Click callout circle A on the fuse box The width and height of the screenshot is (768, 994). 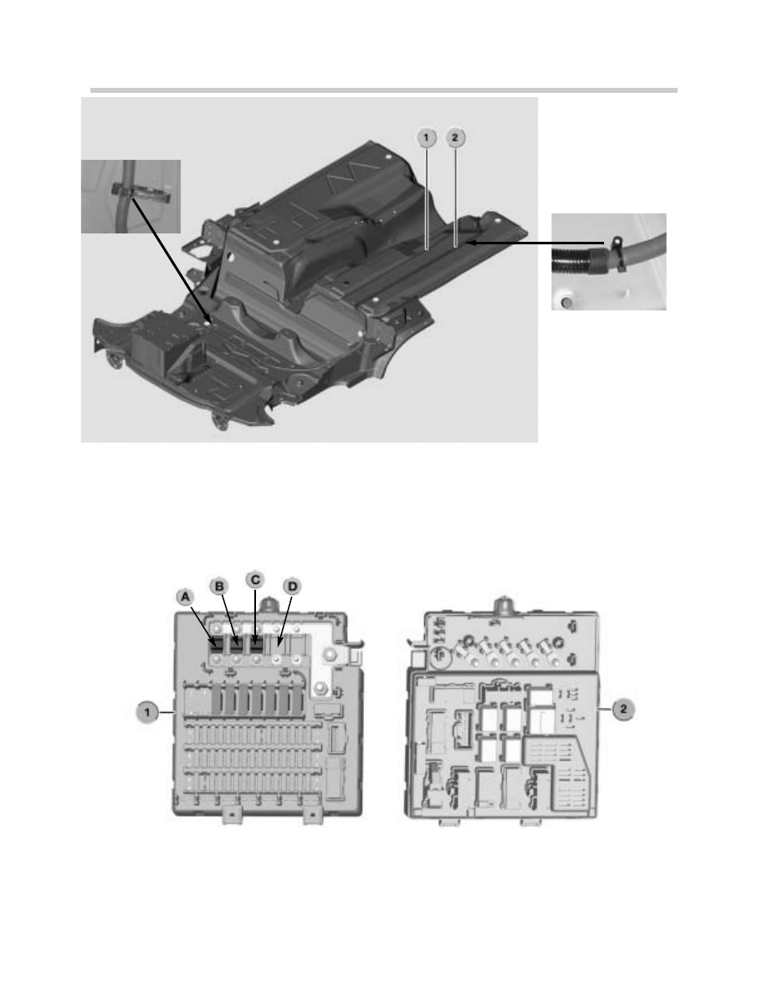click(x=185, y=597)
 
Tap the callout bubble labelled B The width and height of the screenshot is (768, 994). click(x=219, y=586)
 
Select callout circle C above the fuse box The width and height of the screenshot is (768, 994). click(x=254, y=579)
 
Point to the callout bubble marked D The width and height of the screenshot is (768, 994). click(x=292, y=587)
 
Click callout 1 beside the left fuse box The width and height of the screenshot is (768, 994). click(x=147, y=713)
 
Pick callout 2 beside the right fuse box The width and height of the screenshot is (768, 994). click(x=623, y=710)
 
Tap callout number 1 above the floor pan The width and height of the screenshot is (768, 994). click(x=427, y=137)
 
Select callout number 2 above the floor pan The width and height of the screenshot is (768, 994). click(x=455, y=137)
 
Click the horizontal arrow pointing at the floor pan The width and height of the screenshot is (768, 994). click(x=535, y=242)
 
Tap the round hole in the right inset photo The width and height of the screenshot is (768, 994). click(x=566, y=302)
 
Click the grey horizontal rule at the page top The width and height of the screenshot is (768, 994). click(x=384, y=90)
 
